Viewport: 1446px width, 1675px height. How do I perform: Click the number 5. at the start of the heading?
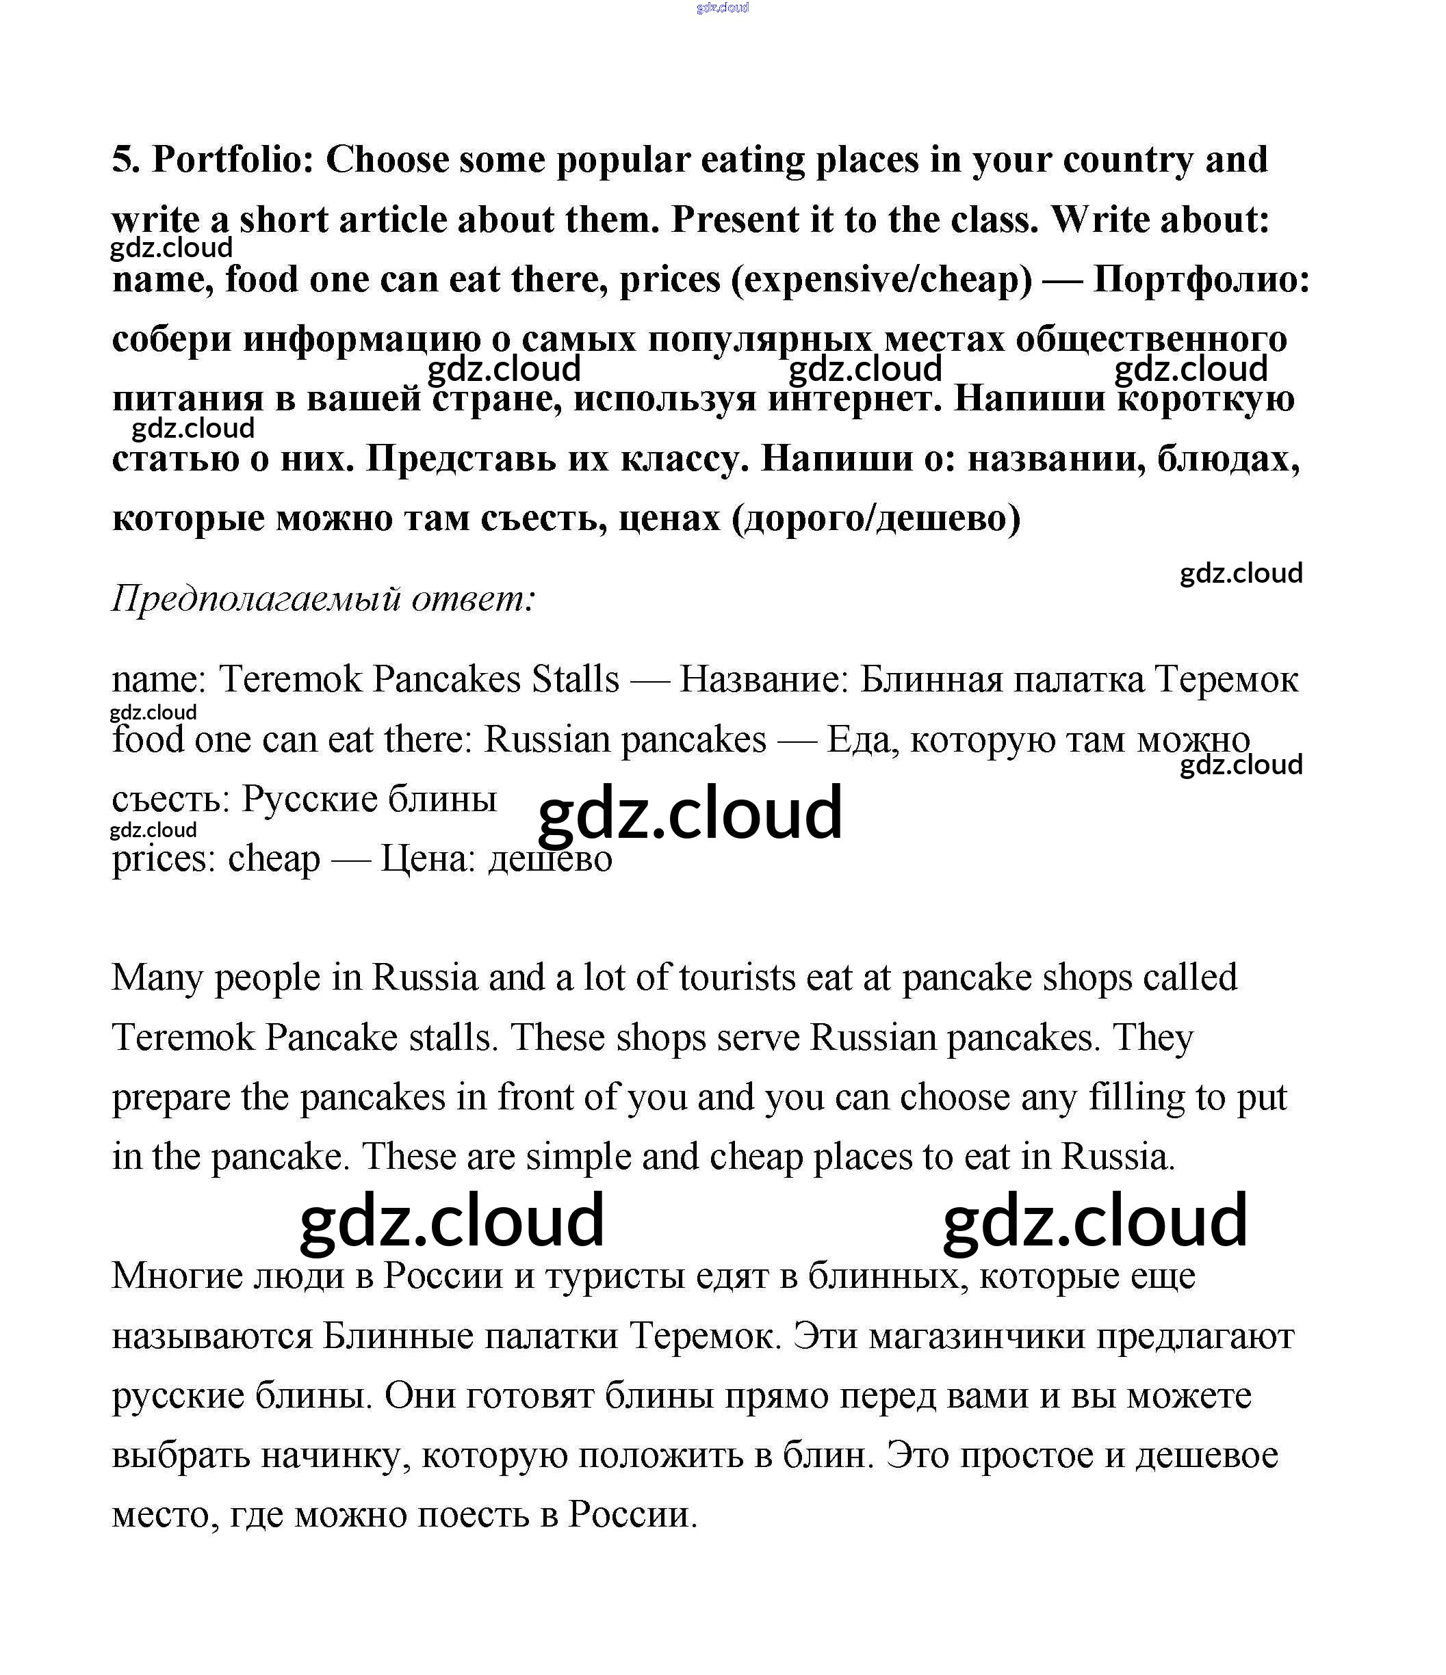[126, 160]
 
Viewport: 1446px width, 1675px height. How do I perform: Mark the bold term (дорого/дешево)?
[876, 518]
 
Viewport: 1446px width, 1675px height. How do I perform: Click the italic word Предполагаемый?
[257, 599]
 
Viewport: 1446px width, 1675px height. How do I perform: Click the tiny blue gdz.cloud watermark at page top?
[722, 8]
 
